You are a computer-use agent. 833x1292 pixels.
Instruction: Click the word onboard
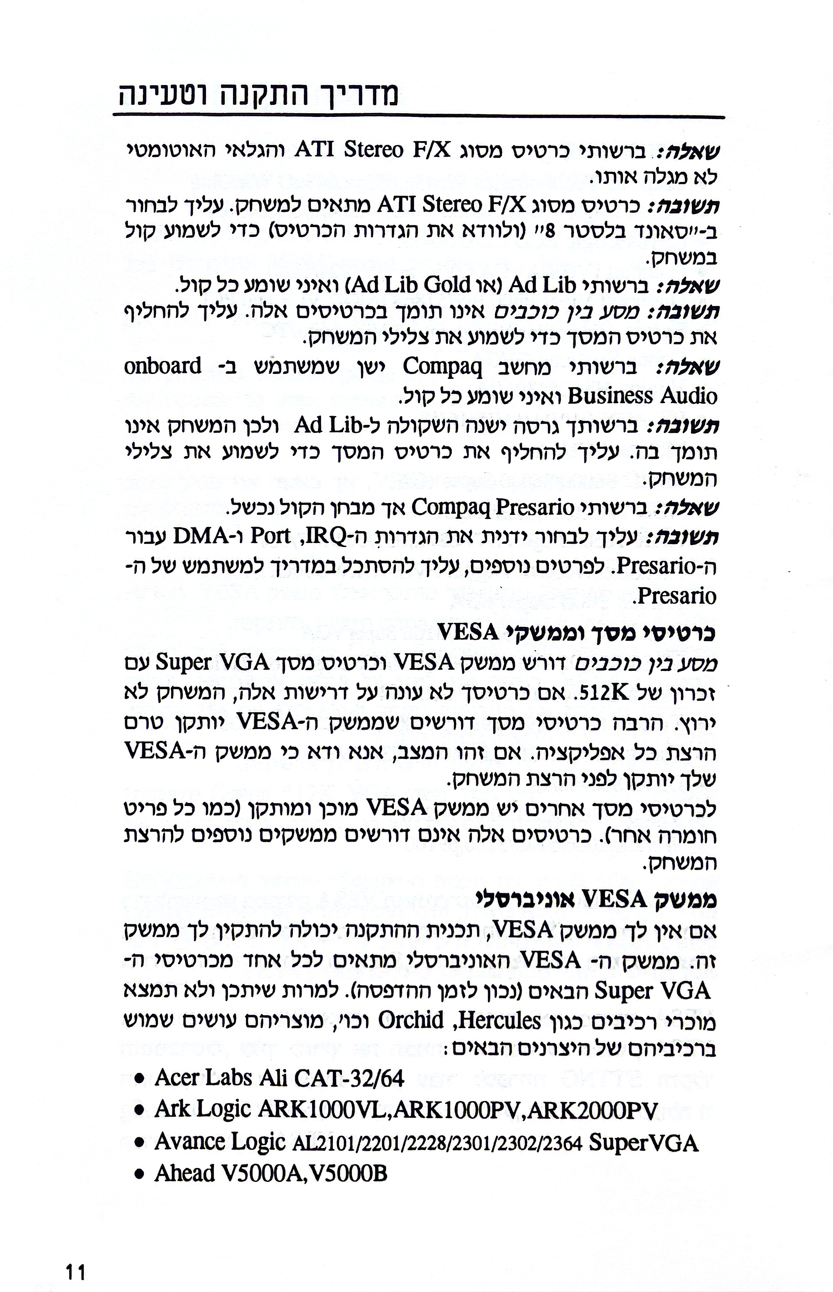[163, 366]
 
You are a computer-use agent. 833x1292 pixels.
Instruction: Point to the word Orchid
[411, 1020]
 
